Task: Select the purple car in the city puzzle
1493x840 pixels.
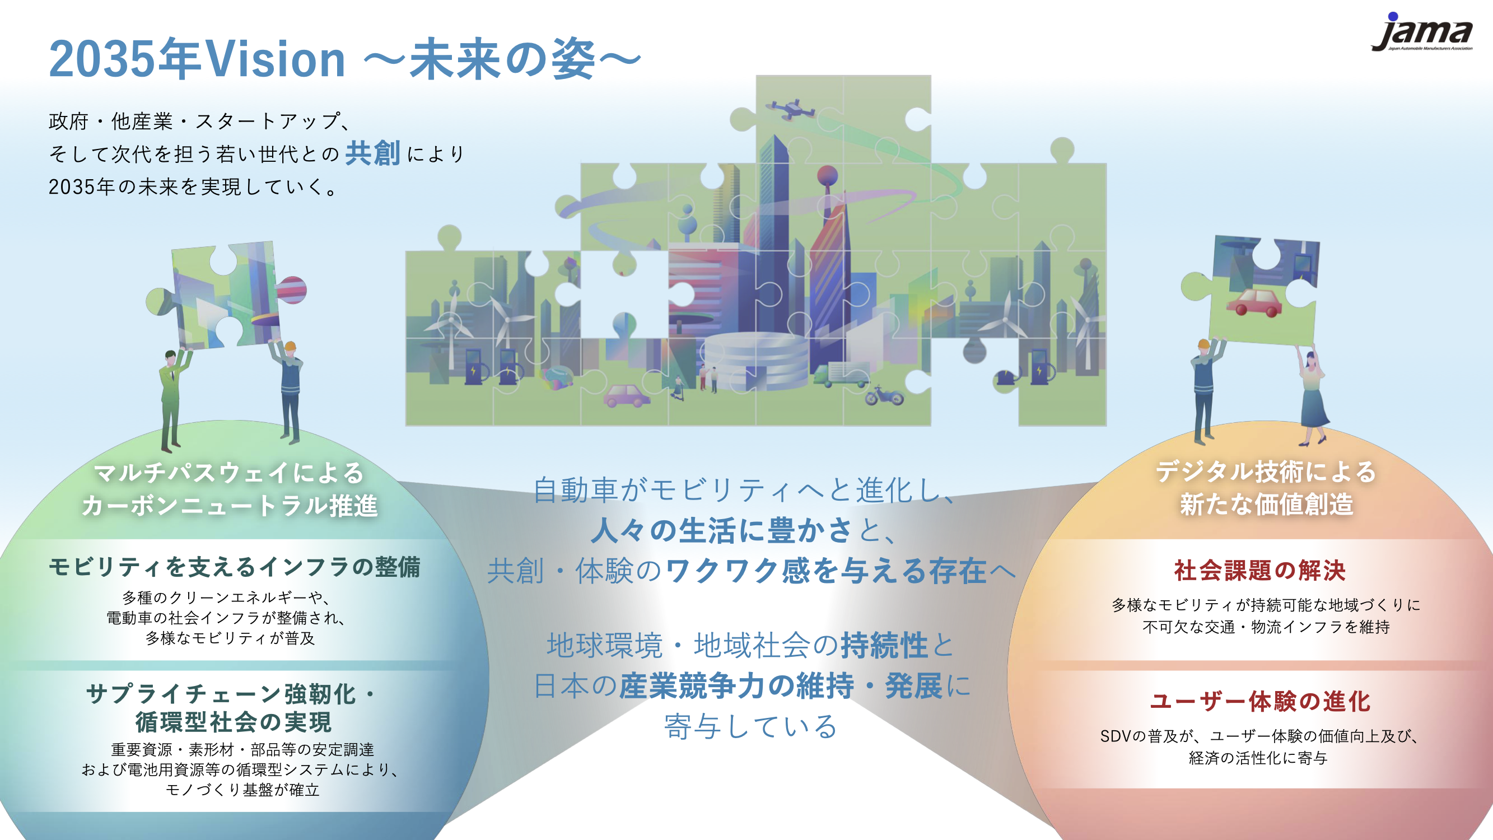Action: [627, 396]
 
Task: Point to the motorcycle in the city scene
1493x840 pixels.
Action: [884, 396]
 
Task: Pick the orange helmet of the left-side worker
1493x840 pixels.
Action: [291, 347]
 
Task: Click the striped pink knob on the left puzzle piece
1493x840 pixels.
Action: [292, 290]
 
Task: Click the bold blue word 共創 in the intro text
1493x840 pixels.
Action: [372, 153]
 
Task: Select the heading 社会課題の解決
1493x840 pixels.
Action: [1259, 571]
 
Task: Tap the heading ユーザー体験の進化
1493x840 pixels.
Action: [1259, 701]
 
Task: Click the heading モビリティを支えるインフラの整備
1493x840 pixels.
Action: [234, 566]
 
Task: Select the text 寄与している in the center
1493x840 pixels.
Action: [750, 726]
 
